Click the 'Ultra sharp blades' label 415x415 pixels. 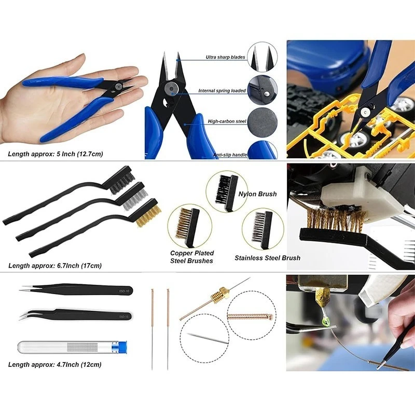tap(225, 57)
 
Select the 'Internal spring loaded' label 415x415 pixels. tap(222, 91)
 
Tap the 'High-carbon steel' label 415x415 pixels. tap(227, 121)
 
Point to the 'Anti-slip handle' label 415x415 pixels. tap(230, 155)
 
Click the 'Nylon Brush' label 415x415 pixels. tap(257, 194)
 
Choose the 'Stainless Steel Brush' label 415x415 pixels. tap(267, 258)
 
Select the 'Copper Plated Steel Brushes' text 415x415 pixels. tap(192, 257)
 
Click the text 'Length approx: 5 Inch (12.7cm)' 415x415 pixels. tap(56, 154)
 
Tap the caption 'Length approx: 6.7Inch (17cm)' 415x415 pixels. tap(55, 266)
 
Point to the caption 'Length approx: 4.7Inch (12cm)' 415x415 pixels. tap(55, 365)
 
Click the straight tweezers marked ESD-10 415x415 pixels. tap(77, 289)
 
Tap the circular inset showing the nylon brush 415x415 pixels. tap(227, 191)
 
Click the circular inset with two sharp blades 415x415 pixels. tap(262, 57)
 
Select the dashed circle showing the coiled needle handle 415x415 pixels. tap(252, 315)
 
